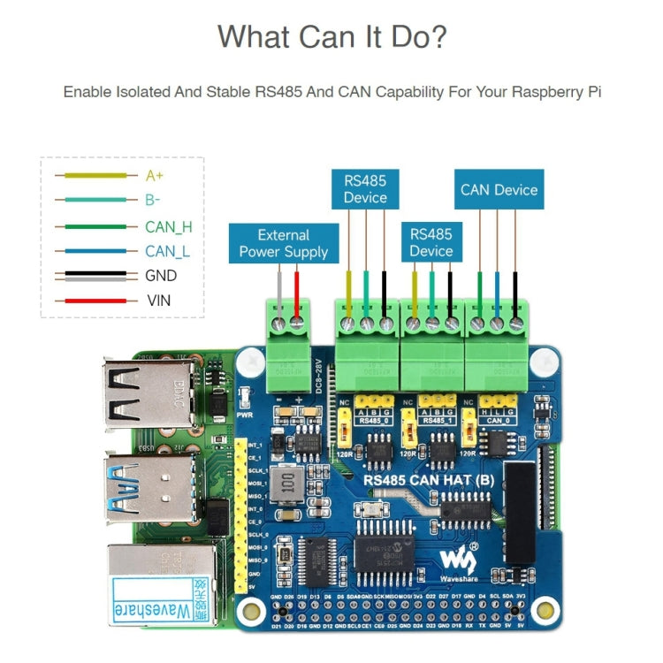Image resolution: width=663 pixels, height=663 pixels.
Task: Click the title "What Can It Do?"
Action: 331,37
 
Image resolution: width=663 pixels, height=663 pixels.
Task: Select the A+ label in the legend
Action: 155,176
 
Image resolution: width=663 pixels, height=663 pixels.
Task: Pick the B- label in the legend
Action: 154,201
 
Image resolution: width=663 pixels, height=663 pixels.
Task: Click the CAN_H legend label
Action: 168,226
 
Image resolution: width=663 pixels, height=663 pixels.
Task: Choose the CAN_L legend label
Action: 167,251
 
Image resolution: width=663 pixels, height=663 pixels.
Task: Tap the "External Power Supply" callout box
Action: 283,243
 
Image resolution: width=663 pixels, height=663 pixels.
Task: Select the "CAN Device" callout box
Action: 499,189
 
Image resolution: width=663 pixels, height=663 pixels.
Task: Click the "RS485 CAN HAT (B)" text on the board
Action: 429,480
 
